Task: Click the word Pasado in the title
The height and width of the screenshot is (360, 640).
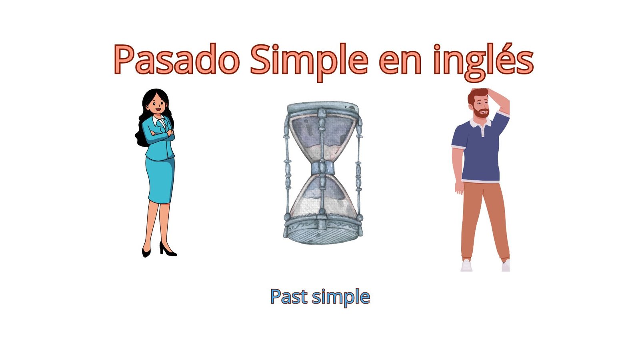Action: [176, 59]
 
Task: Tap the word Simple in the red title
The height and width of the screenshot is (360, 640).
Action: [309, 62]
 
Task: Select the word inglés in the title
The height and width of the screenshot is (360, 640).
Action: [484, 62]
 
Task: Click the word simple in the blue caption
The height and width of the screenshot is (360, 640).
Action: [341, 298]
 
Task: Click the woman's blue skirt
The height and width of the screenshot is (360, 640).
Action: [160, 180]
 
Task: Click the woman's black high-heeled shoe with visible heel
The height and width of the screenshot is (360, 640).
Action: [168, 249]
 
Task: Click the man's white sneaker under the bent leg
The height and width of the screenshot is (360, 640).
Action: [466, 266]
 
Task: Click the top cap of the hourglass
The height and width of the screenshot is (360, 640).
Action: [322, 108]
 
